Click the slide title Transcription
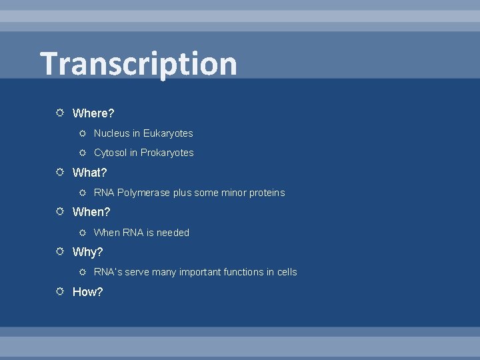click(x=139, y=64)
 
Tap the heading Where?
click(x=93, y=113)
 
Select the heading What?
click(x=89, y=173)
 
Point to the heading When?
click(x=91, y=212)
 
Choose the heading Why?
click(x=87, y=252)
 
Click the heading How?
click(x=87, y=292)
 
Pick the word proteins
click(x=267, y=193)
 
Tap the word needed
click(x=173, y=233)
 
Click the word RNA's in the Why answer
click(x=107, y=272)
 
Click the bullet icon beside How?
click(x=60, y=291)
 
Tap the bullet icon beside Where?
click(x=60, y=113)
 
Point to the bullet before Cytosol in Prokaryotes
click(x=83, y=153)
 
